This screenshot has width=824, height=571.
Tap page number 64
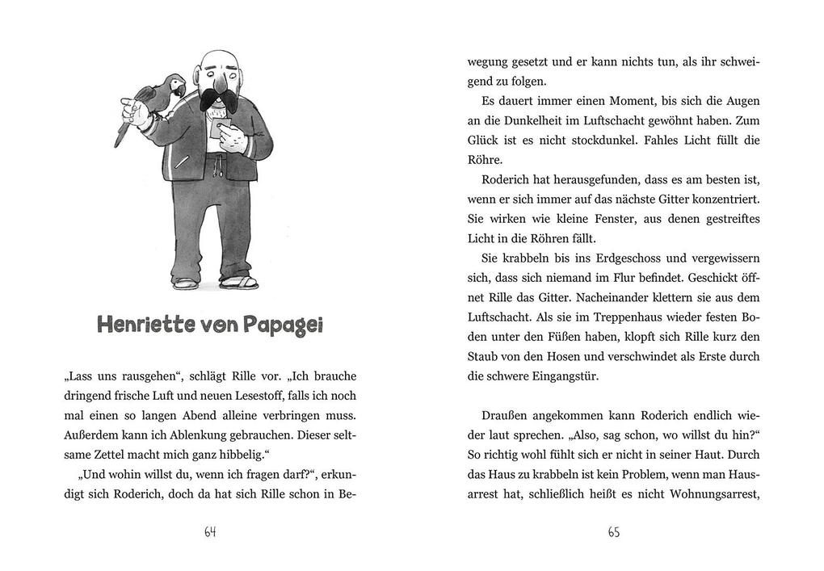click(210, 532)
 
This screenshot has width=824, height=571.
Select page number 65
click(613, 532)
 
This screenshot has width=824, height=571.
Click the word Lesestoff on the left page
click(280, 396)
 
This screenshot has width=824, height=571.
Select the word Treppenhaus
click(603, 317)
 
